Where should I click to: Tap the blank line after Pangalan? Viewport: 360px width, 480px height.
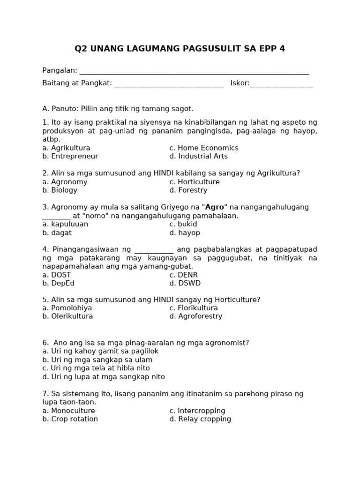[194, 73]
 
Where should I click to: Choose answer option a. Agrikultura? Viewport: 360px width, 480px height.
[66, 148]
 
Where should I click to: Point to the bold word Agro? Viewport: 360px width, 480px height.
[215, 207]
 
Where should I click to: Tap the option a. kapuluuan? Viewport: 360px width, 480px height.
[65, 225]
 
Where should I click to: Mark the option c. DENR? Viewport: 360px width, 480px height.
[184, 275]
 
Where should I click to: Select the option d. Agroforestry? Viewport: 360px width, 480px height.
[196, 316]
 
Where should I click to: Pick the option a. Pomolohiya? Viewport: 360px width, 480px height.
[67, 308]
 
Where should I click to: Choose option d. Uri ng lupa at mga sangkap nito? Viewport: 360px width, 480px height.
[104, 377]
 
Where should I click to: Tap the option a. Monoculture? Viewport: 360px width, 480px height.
[68, 411]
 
